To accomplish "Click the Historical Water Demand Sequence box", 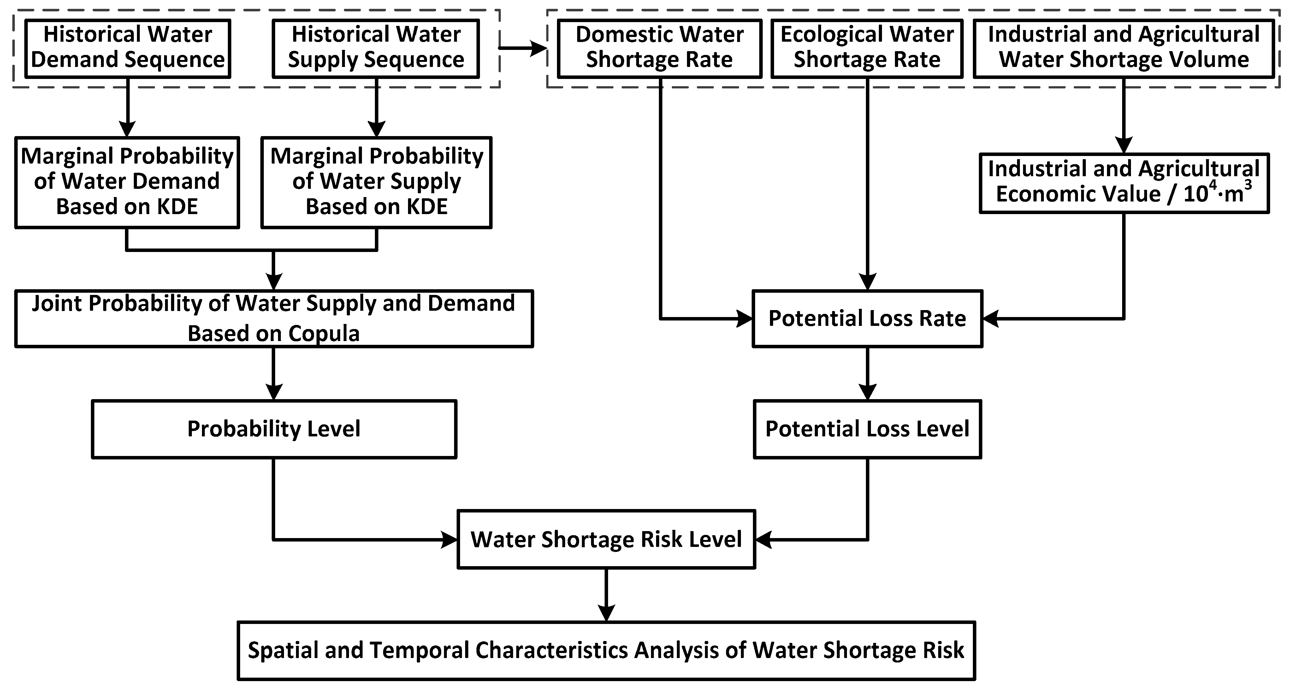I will [128, 49].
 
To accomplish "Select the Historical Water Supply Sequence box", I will [376, 49].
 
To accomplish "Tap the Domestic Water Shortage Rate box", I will [660, 49].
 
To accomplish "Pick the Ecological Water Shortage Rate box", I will [867, 49].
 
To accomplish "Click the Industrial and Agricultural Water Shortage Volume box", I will [1124, 49].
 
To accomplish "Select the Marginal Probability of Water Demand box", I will [127, 183].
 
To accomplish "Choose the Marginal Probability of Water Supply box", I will [376, 183].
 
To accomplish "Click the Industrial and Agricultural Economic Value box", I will [1124, 183].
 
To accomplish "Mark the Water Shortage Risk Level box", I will [606, 540].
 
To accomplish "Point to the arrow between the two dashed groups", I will [523, 49].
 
